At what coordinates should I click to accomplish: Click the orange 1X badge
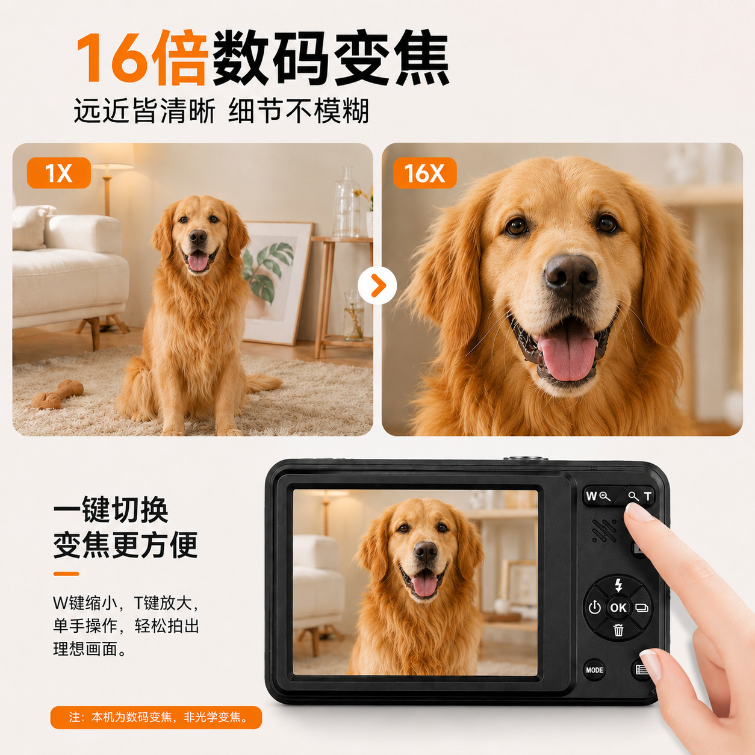pyautogui.click(x=59, y=173)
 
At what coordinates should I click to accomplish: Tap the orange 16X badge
pyautogui.click(x=424, y=173)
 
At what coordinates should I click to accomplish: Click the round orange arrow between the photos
pyautogui.click(x=377, y=285)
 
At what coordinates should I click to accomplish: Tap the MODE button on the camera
pyautogui.click(x=594, y=670)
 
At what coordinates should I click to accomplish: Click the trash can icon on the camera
pyautogui.click(x=618, y=630)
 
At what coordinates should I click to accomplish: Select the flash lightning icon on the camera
pyautogui.click(x=619, y=585)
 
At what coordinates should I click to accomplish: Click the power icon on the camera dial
pyautogui.click(x=595, y=607)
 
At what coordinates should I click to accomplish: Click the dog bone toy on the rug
pyautogui.click(x=57, y=394)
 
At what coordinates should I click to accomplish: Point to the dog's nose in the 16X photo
pyautogui.click(x=571, y=275)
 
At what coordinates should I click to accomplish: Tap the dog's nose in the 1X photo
pyautogui.click(x=198, y=237)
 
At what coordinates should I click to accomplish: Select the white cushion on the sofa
pyautogui.click(x=31, y=227)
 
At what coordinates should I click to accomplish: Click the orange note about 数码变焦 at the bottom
pyautogui.click(x=156, y=718)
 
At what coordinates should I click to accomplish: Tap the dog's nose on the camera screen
pyautogui.click(x=426, y=553)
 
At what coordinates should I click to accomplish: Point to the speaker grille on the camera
pyautogui.click(x=604, y=531)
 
